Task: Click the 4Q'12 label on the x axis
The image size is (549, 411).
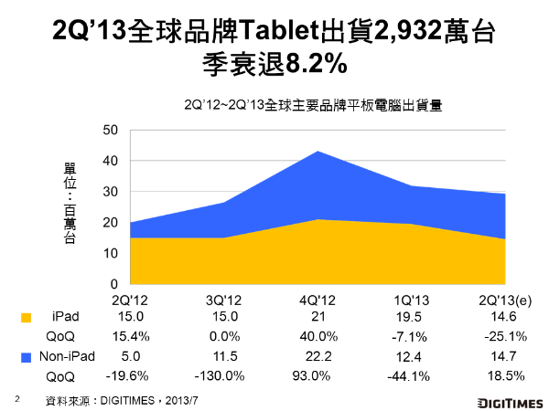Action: click(x=317, y=299)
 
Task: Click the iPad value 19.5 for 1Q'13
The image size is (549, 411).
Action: click(x=411, y=317)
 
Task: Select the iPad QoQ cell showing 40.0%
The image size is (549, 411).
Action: click(x=317, y=336)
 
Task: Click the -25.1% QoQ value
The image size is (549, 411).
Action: click(x=506, y=336)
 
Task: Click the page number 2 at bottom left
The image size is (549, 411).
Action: click(x=16, y=399)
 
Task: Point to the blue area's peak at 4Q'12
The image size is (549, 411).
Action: click(x=317, y=152)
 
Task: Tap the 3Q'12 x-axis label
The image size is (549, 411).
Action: click(x=221, y=299)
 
